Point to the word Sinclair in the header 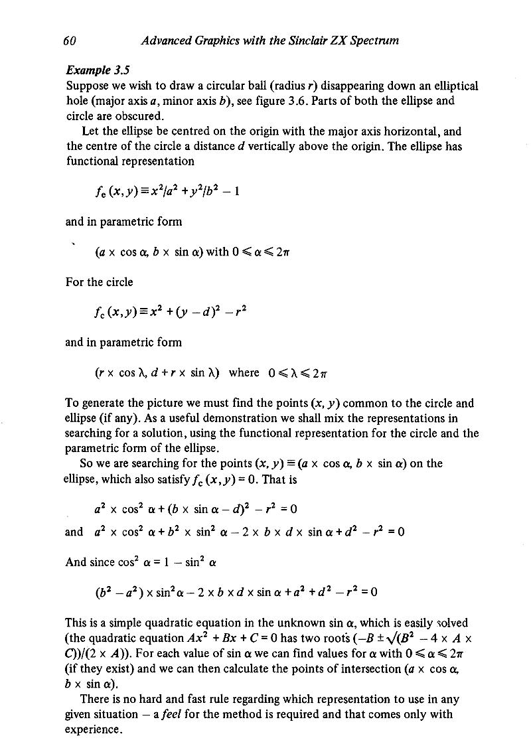point(285,41)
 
